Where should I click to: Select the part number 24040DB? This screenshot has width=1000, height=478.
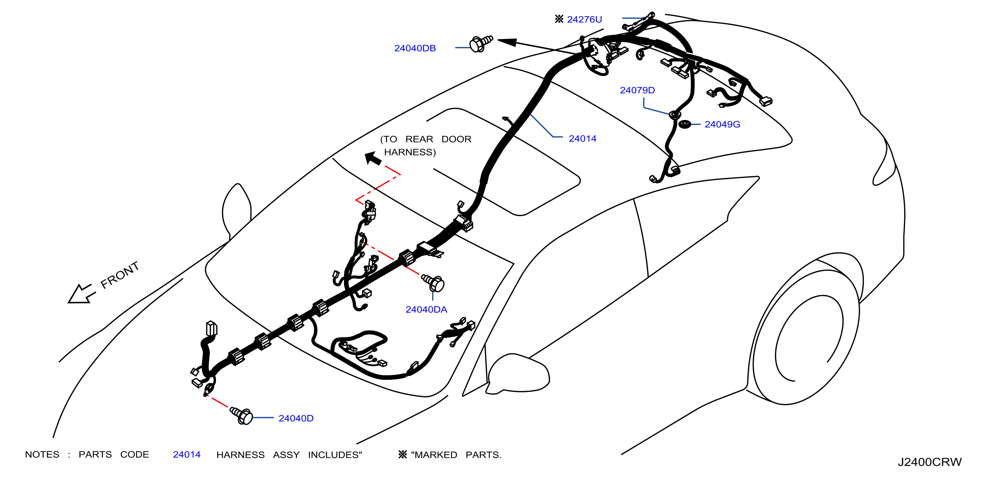pos(415,48)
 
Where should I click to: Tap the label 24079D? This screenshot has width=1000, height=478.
pos(637,90)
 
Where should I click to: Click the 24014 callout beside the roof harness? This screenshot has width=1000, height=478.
pos(582,139)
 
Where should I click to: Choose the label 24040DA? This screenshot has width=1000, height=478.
pos(426,309)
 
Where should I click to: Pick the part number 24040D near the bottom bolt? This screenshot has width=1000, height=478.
pos(296,418)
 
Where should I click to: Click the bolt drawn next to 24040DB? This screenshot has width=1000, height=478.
pos(481,43)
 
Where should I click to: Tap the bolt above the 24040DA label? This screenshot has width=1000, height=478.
pos(433,283)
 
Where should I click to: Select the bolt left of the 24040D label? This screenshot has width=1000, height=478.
pos(241,416)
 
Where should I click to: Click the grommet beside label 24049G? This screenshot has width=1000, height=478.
pos(684,124)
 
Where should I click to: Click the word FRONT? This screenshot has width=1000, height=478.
pos(120,275)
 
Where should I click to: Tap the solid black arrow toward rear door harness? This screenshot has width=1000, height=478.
pos(373,158)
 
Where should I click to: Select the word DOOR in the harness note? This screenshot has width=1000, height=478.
pos(456,139)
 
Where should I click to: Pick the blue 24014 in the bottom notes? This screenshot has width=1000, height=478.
pos(187,454)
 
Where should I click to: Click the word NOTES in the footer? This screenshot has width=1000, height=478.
pos(42,454)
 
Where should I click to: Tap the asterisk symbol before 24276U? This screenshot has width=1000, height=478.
pos(559,19)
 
